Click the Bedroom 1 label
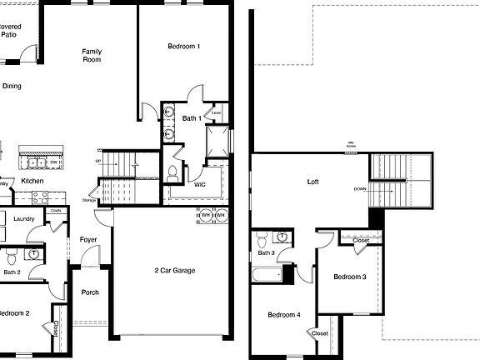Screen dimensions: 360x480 coord(184,47)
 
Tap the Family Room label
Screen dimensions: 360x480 coord(92,56)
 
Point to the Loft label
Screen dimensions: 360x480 coord(312,181)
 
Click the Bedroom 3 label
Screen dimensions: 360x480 coord(350,277)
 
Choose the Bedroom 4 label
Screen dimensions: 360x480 coord(283,315)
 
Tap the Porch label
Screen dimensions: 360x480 coord(89,292)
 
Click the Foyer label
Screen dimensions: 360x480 coord(88,240)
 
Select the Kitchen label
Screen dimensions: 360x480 coord(32,181)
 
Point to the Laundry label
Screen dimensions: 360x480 coord(24,219)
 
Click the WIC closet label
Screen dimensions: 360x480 coord(200,184)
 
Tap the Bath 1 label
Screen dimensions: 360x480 coord(192,118)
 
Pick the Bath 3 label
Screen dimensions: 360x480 coord(266,252)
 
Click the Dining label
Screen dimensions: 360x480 coord(12,86)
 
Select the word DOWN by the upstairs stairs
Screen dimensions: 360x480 coord(360,189)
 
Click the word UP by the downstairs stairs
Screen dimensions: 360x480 coord(98,161)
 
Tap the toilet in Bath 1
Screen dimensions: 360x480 coord(172,173)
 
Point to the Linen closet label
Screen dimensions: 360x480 coord(217,112)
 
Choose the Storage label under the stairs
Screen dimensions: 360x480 coord(88,200)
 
